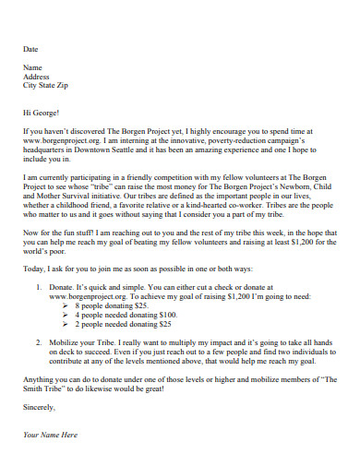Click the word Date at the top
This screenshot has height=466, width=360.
pos(30,48)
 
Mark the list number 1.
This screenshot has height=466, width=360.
pos(40,290)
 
